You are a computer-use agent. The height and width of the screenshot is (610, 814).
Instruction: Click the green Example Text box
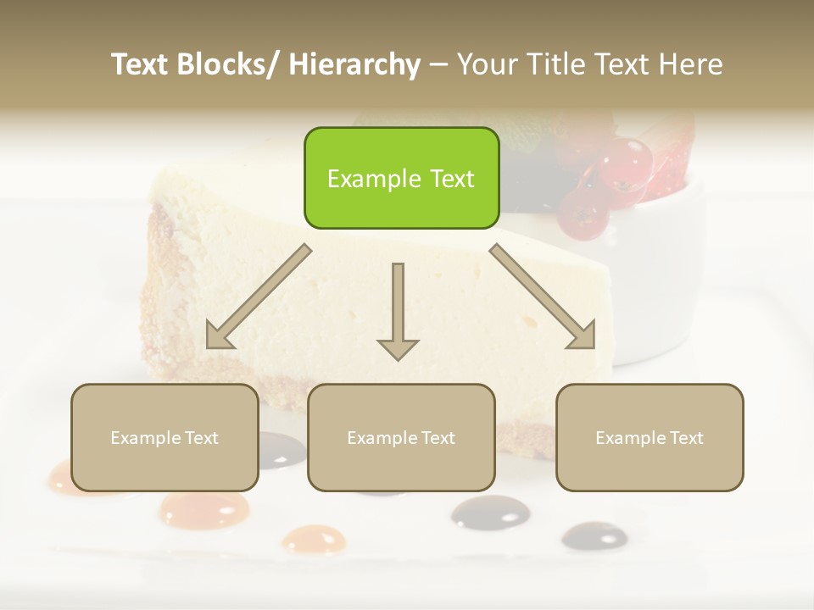pos(401,179)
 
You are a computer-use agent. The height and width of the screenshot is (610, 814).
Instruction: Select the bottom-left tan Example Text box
pos(164,438)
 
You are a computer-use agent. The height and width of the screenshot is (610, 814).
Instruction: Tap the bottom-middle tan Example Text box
pos(401,438)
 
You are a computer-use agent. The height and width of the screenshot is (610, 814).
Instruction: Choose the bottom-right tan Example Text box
pos(650,438)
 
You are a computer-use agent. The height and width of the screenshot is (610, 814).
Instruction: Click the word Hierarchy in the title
pos(354,64)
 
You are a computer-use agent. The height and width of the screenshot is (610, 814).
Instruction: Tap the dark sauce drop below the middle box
pos(490,512)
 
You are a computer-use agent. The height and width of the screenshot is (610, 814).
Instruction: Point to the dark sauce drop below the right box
pos(594,535)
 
